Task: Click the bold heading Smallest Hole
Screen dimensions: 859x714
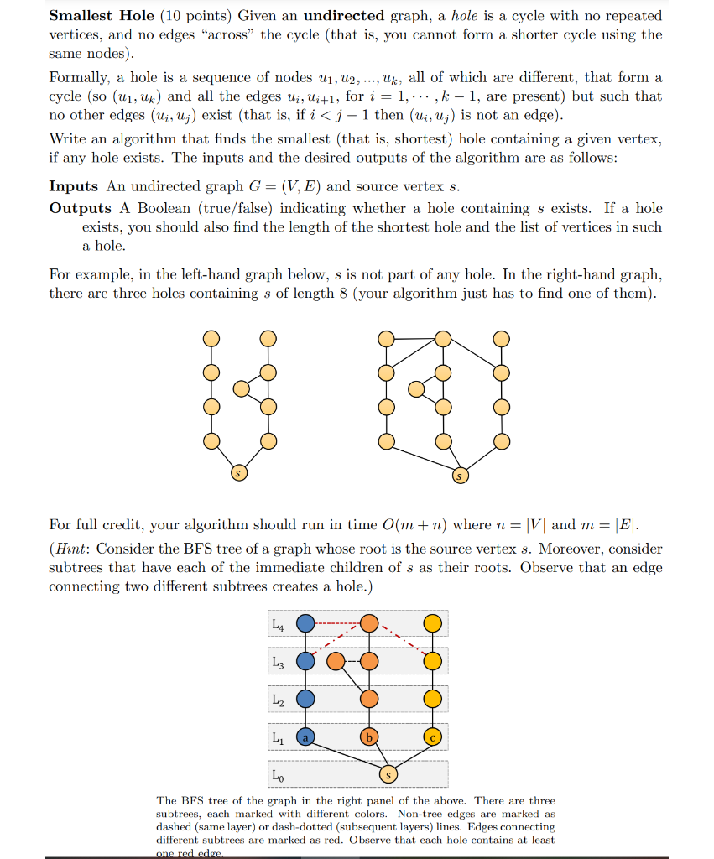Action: coord(101,16)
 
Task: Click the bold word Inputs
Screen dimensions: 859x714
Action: coord(73,186)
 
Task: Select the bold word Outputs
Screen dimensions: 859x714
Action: coord(81,208)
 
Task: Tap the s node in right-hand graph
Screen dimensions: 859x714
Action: coord(459,476)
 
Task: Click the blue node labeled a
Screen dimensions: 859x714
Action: coord(306,737)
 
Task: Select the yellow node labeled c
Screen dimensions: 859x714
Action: coord(432,737)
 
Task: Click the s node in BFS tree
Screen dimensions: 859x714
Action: coord(388,774)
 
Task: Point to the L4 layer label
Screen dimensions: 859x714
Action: coord(279,624)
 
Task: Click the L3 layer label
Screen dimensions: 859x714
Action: coord(279,662)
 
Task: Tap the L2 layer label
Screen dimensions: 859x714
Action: coord(279,700)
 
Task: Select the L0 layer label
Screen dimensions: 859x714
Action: coord(279,776)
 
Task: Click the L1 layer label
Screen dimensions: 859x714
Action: coord(279,737)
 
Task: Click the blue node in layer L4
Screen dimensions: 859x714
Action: coord(306,623)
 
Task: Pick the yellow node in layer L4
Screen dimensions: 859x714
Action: coord(432,623)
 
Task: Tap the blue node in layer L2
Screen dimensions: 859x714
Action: coord(306,699)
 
